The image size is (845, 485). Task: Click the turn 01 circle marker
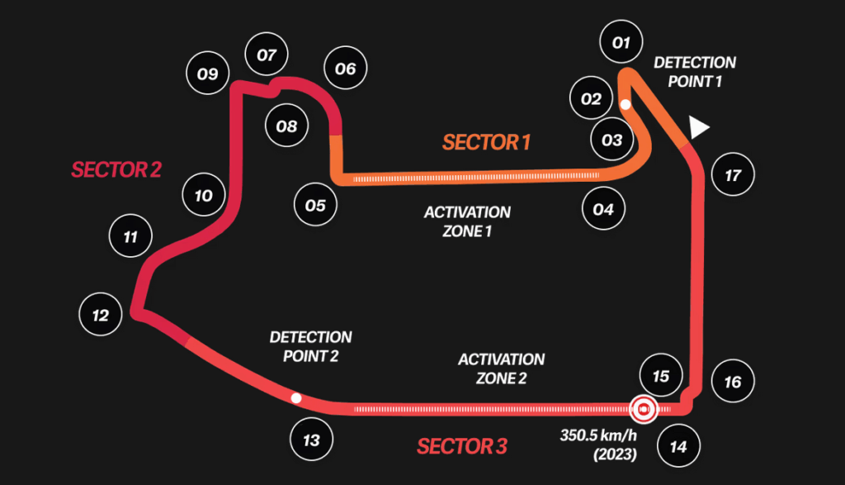coord(621,43)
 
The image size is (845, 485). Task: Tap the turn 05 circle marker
coord(315,205)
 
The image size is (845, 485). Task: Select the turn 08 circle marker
coord(286,126)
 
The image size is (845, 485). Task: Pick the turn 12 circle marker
coord(100,315)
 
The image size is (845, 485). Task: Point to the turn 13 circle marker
coord(311,440)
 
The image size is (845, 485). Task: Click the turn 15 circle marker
coord(660,376)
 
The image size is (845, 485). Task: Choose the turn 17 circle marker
coord(732,175)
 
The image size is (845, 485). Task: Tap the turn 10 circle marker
coord(203,196)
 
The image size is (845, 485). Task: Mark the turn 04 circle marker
coord(603,209)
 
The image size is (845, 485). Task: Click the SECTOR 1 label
coord(486,142)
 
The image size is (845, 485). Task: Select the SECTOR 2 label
coord(116,169)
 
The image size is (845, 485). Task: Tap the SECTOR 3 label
coord(461,447)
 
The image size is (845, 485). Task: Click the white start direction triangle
coord(699,127)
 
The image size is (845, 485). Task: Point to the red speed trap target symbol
coord(643,408)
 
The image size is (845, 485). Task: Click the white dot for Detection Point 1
coord(625,105)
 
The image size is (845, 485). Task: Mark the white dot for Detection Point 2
coord(295,398)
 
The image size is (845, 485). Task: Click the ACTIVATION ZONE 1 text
coord(467,221)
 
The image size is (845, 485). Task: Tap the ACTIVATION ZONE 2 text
coord(501,369)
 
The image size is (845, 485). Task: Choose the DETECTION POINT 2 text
coord(310,346)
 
